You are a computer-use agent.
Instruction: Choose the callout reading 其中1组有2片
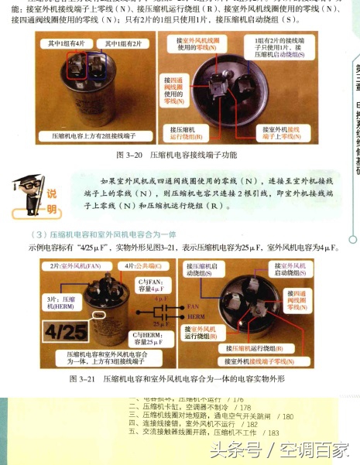pyautogui.click(x=125, y=45)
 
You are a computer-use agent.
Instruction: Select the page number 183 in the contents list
pyautogui.click(x=273, y=433)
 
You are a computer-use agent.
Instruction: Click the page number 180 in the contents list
pyautogui.click(x=287, y=415)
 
